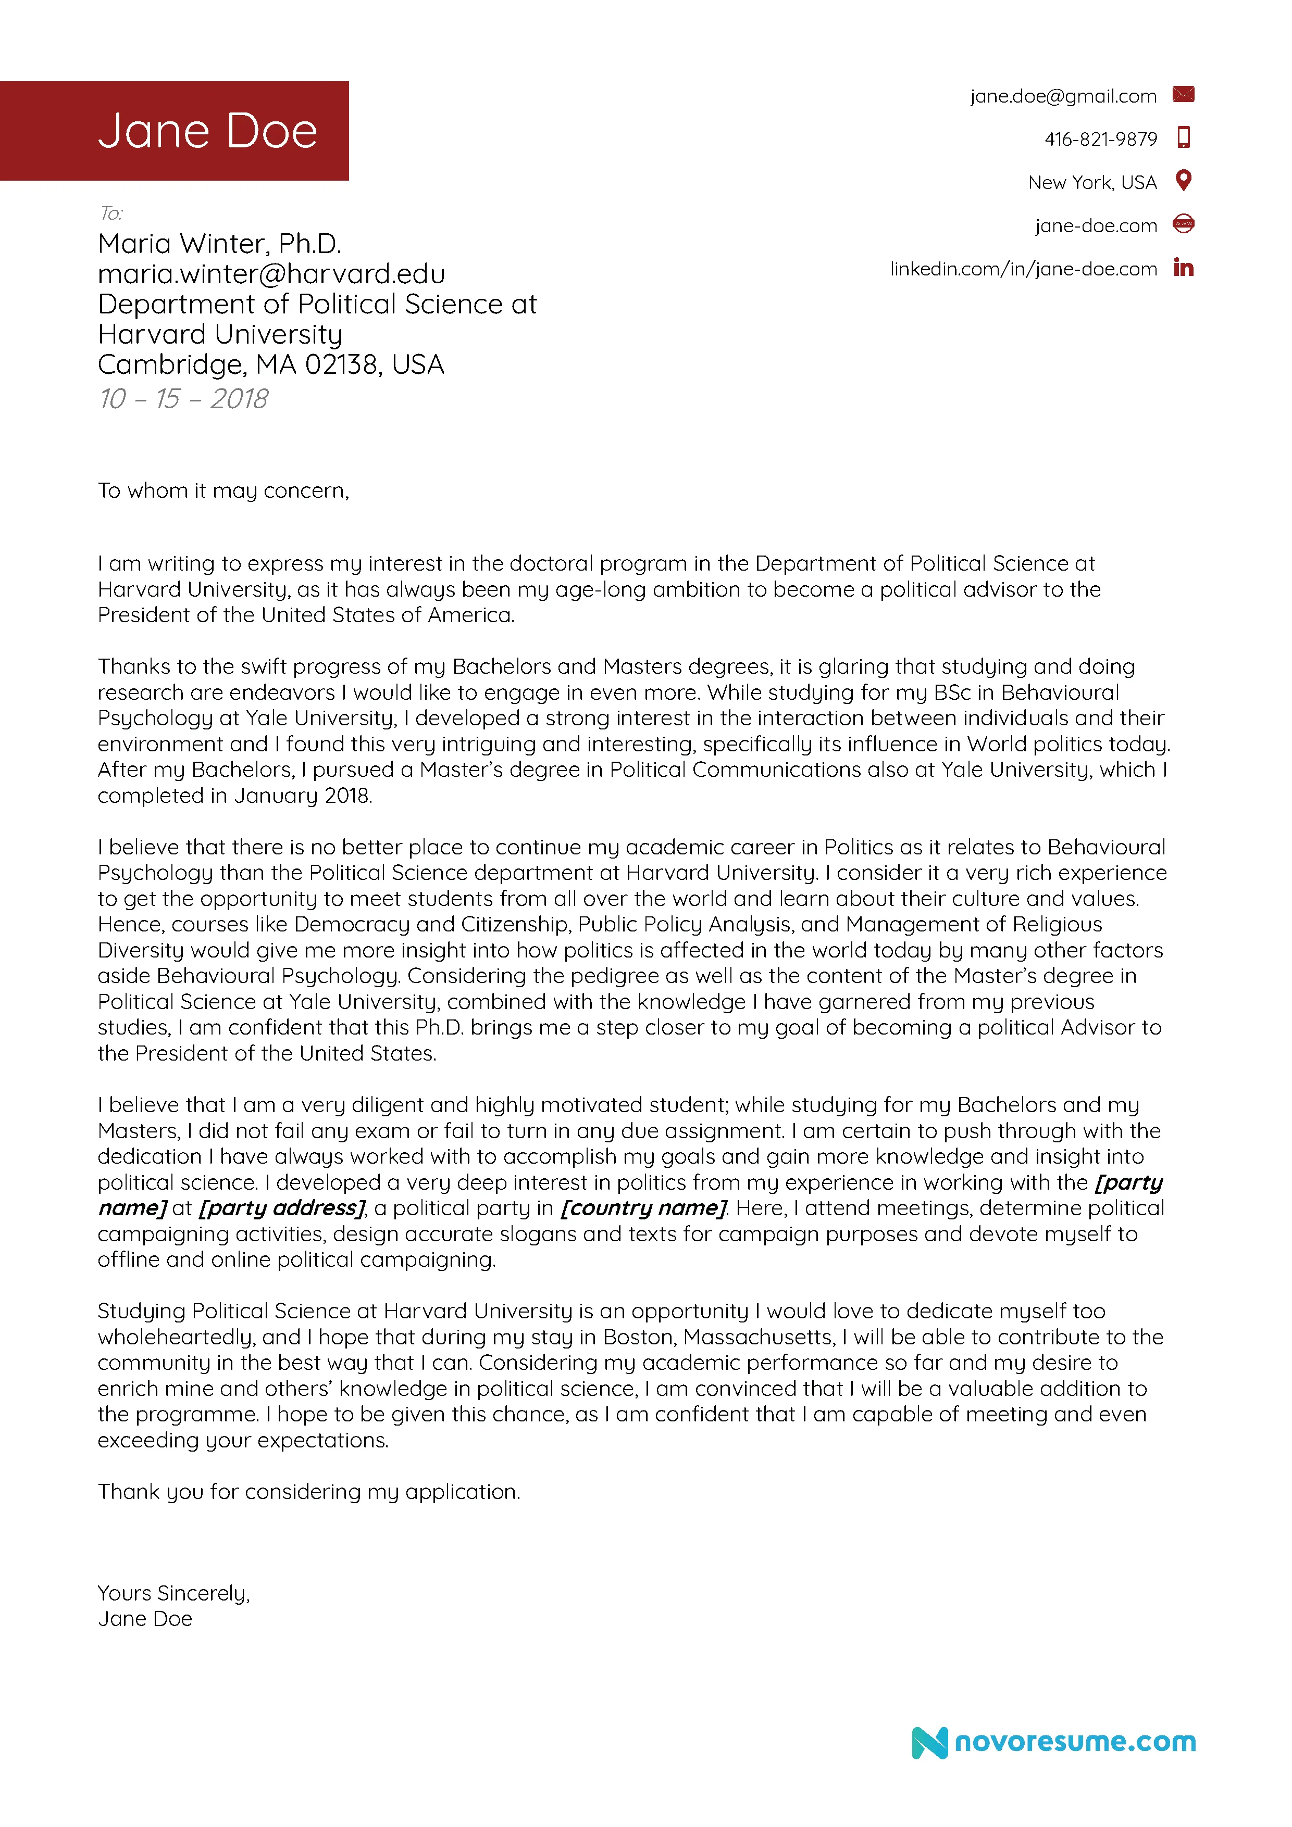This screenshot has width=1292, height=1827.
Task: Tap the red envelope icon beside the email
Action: (1183, 95)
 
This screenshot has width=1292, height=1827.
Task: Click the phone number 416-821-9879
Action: (1100, 139)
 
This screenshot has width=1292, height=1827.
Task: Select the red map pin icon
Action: (1183, 181)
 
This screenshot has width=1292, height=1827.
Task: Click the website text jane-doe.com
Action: (1096, 226)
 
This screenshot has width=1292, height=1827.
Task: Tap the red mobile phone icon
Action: (1183, 137)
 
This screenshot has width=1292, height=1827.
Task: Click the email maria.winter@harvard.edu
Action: (271, 274)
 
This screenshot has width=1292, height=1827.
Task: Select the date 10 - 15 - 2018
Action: (183, 399)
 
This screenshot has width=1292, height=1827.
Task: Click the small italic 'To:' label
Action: (110, 213)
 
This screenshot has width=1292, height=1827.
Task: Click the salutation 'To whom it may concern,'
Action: (223, 491)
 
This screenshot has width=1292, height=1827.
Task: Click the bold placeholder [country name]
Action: (643, 1208)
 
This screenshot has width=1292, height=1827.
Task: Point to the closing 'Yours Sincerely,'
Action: (173, 1593)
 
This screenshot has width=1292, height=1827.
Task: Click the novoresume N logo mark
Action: (929, 1743)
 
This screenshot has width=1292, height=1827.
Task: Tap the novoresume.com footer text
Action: (1074, 1741)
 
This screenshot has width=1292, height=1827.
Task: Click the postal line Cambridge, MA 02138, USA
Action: (271, 364)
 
